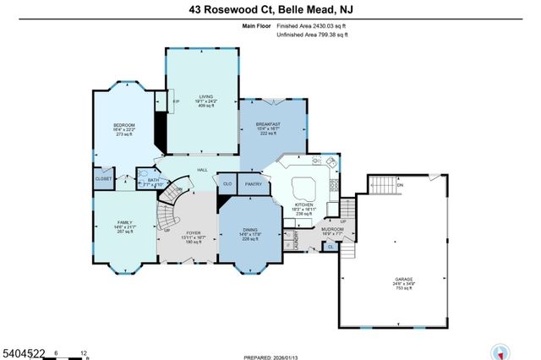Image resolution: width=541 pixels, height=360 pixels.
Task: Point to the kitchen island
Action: [303, 186]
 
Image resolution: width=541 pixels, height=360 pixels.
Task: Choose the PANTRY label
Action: [253, 183]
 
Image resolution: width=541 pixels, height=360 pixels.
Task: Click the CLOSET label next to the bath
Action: [103, 179]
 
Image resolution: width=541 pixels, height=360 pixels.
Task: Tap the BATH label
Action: [153, 181]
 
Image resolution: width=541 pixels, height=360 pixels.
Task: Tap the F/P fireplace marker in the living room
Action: [176, 101]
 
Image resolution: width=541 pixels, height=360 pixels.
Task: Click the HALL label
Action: [203, 171]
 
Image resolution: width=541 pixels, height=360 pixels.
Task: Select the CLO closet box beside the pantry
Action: [227, 183]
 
